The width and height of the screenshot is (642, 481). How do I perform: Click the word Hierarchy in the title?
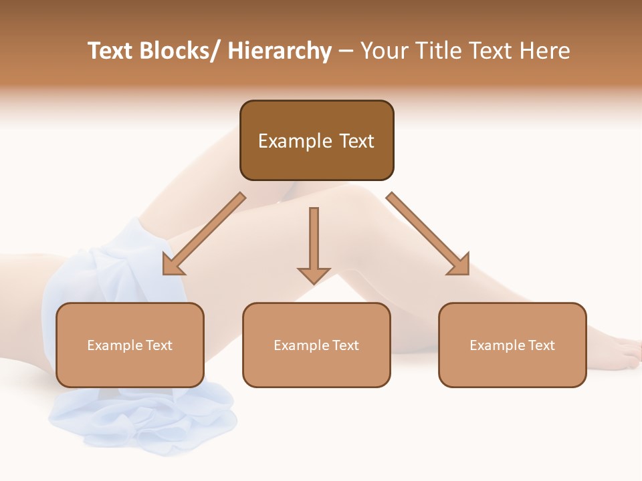[280, 51]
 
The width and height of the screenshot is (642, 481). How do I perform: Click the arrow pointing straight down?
[314, 240]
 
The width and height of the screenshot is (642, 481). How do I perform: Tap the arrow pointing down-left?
[204, 234]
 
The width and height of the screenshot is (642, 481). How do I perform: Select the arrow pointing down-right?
[428, 234]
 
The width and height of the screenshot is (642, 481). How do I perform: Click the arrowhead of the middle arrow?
[314, 275]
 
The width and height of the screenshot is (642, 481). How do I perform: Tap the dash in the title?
[346, 51]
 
